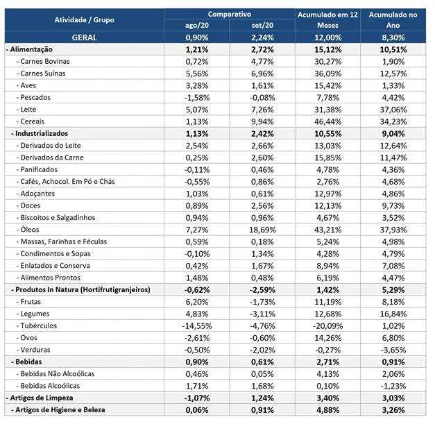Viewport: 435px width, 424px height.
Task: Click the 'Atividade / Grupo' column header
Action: coord(85,20)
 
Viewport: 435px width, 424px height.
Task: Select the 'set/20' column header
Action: coord(262,25)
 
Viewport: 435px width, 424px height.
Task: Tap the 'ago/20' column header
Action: coord(197,25)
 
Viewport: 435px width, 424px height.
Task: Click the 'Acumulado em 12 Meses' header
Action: coord(327,19)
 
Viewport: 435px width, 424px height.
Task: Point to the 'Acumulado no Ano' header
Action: coord(393,19)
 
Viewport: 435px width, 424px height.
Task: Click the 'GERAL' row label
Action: coord(85,37)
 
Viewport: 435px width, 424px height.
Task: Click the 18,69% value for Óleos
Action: coord(262,230)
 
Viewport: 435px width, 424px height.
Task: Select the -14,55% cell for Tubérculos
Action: coord(197,325)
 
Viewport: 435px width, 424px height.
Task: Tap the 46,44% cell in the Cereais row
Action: coord(327,121)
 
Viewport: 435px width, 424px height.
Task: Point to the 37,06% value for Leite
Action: coord(393,110)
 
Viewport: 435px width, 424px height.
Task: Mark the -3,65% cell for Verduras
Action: coord(393,350)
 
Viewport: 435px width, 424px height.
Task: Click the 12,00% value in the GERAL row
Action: coord(327,37)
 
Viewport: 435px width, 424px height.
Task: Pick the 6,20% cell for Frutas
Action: coord(197,302)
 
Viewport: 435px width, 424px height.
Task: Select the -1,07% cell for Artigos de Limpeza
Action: coord(197,398)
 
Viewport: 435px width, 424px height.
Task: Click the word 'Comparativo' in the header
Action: coord(230,14)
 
